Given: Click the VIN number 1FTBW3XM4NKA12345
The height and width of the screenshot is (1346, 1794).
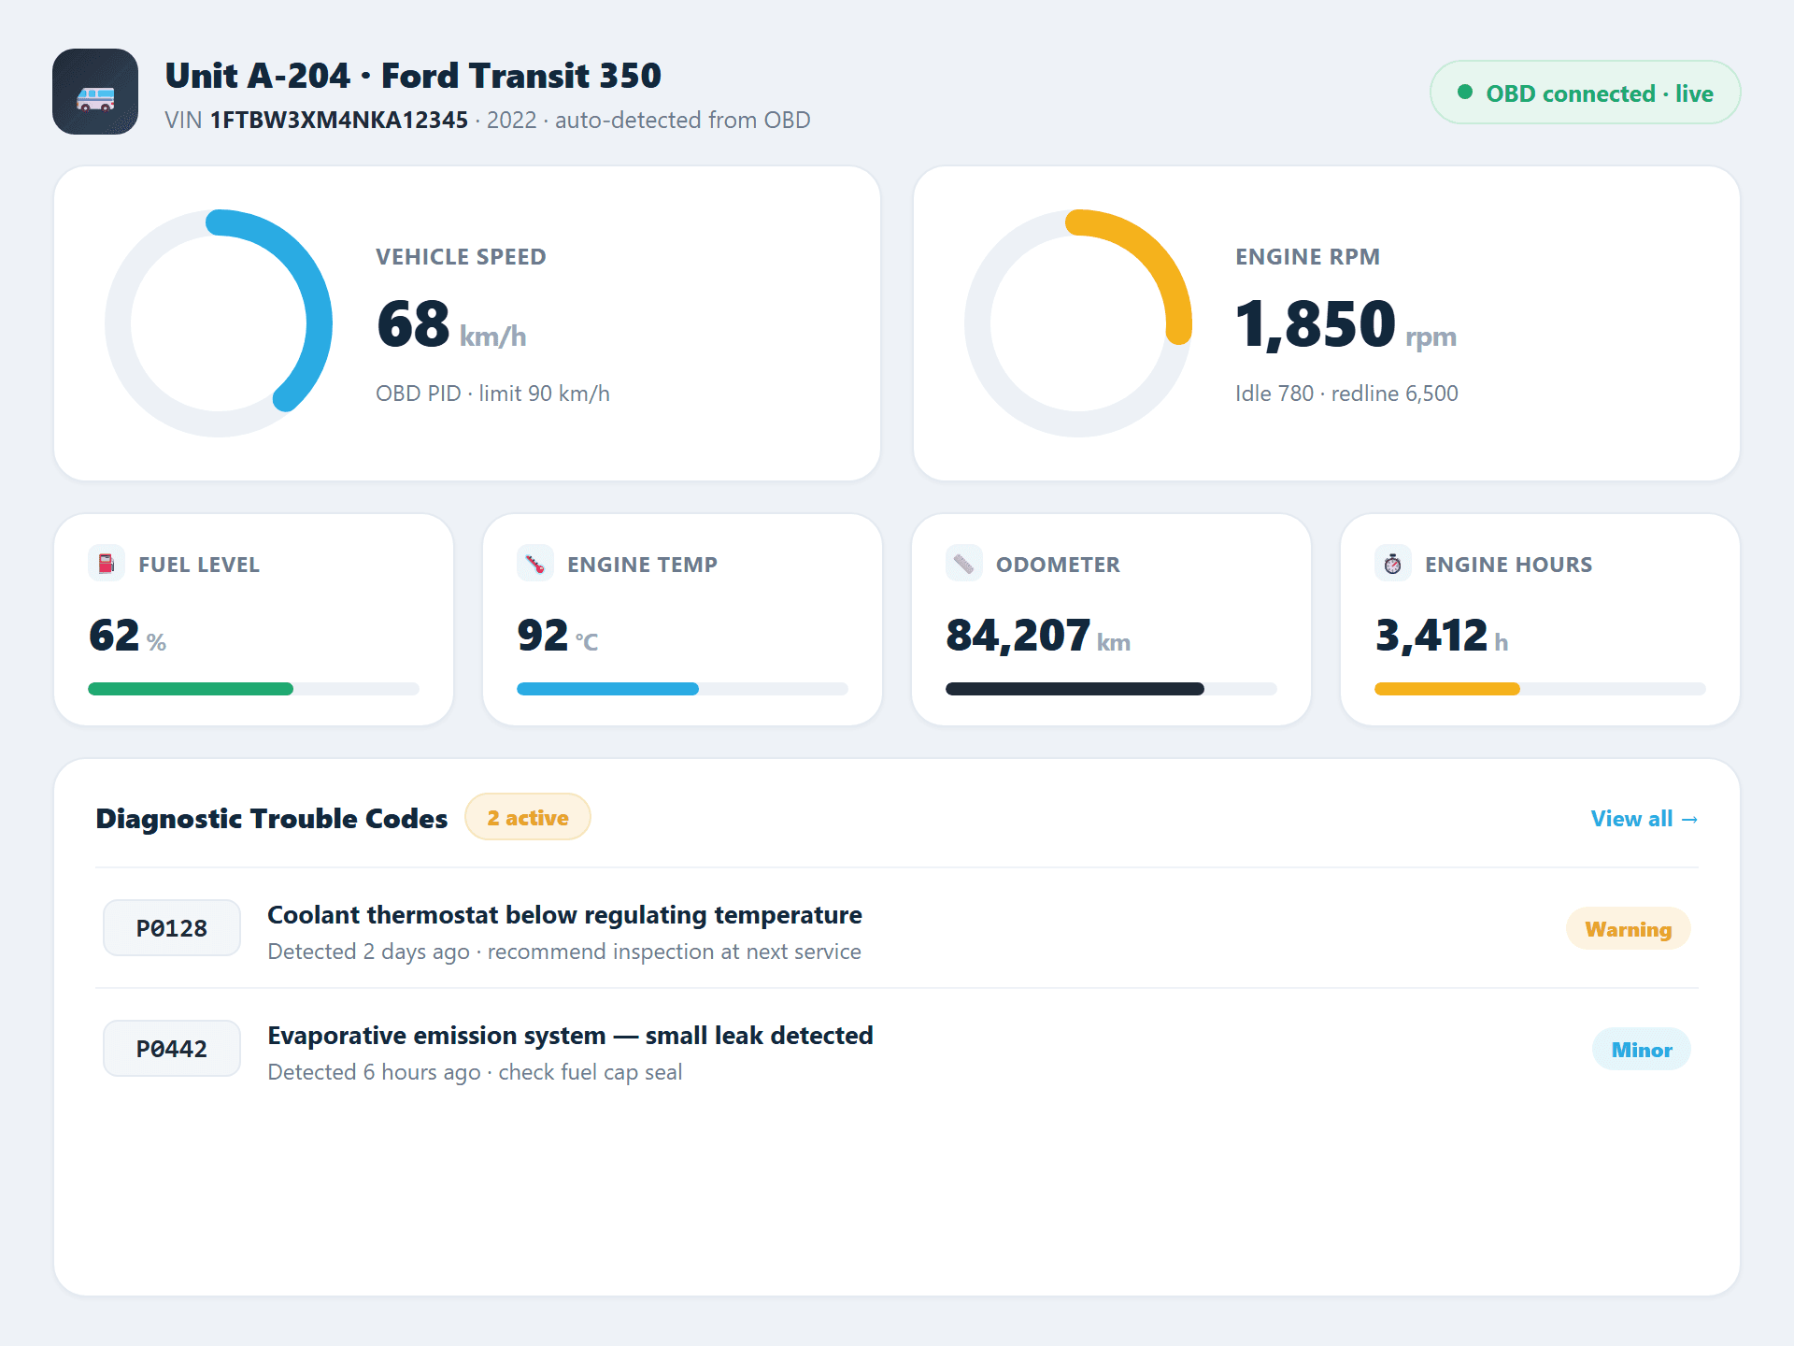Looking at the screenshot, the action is pos(338,121).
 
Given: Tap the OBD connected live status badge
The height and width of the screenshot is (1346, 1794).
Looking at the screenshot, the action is pos(1585,93).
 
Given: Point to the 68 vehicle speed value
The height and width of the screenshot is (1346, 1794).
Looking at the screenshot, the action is pos(413,324).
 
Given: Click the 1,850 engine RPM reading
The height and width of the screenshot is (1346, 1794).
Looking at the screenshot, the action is pos(1315,324).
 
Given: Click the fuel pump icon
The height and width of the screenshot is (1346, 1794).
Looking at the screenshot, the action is pos(107,564).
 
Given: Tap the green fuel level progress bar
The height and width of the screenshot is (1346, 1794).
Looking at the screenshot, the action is pos(191,689).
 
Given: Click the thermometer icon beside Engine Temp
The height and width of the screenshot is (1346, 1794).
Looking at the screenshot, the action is pos(535,564).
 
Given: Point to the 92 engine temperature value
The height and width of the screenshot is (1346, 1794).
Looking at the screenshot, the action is pos(543,636).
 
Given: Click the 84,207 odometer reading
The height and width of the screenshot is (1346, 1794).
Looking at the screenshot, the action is pos(1018,637).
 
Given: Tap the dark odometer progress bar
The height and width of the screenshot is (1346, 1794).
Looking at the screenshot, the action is pos(1075,689).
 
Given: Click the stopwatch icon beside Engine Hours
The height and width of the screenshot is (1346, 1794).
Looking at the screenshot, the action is pos(1393,564).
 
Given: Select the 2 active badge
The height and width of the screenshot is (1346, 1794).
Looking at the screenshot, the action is pos(528,817).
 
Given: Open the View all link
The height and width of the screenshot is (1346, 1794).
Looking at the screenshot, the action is pos(1644,819).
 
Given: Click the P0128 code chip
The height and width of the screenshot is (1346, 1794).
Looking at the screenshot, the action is pos(172,928).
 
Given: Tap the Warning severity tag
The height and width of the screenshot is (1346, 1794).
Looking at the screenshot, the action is pos(1629,929).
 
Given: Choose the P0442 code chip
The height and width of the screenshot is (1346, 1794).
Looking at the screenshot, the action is pos(172,1049).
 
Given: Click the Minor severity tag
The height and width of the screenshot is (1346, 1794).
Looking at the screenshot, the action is pos(1642,1050).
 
